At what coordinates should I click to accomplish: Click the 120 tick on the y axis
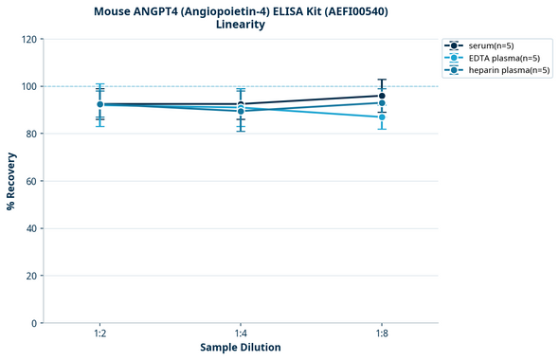tap(31, 39)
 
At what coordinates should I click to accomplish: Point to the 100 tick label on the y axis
tap(31, 86)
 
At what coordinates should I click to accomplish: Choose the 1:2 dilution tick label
tap(99, 334)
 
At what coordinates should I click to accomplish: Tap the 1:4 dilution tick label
tap(241, 334)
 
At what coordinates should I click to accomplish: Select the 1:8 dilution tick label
tap(382, 334)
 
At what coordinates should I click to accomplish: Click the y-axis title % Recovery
tap(11, 181)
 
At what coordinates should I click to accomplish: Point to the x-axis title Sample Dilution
tap(241, 348)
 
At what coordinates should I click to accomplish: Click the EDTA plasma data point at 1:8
tap(382, 117)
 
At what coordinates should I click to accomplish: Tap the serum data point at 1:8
tap(382, 96)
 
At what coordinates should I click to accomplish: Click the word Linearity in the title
tap(241, 25)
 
